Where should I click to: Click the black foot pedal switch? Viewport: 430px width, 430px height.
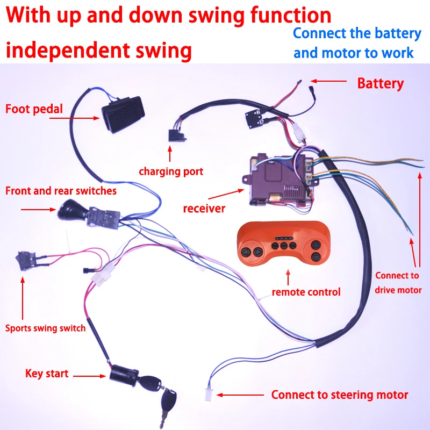pyautogui.click(x=122, y=114)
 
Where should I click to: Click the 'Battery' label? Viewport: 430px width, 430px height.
pyautogui.click(x=380, y=83)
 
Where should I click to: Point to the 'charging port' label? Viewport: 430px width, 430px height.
pyautogui.click(x=171, y=172)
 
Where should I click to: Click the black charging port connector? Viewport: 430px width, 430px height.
pyautogui.click(x=176, y=135)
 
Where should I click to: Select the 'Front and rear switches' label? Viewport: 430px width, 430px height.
pyautogui.click(x=61, y=191)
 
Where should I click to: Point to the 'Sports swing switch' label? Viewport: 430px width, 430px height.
pyautogui.click(x=46, y=328)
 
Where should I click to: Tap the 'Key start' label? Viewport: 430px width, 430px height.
pyautogui.click(x=46, y=374)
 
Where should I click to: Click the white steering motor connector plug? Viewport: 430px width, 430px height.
pyautogui.click(x=207, y=395)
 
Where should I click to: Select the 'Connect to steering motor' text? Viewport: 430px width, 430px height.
pyautogui.click(x=340, y=395)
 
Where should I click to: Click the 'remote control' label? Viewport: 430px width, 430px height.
pyautogui.click(x=306, y=292)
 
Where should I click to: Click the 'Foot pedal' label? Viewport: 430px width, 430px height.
pyautogui.click(x=34, y=109)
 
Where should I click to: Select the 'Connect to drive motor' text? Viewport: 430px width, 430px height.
pyautogui.click(x=398, y=283)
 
